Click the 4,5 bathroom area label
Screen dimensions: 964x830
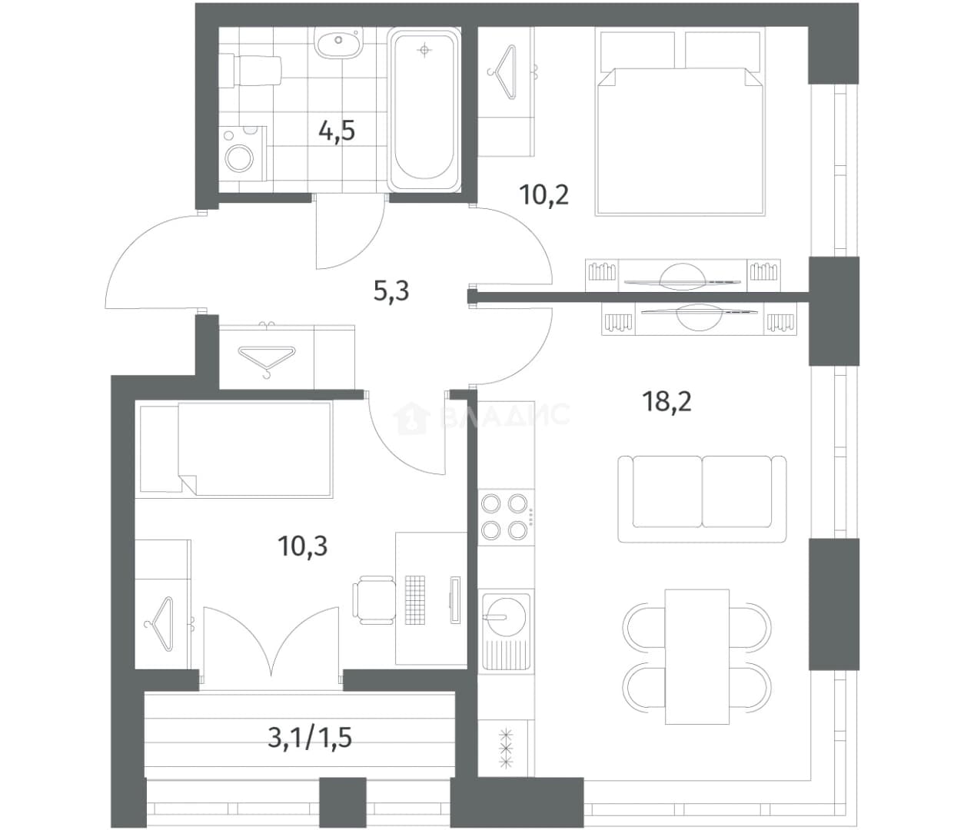point(337,131)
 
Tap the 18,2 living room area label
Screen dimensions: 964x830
point(667,401)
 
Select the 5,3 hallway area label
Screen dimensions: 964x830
point(391,291)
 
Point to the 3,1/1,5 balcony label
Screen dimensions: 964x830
point(310,739)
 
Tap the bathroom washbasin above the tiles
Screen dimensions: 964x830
point(338,42)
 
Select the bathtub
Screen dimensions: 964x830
point(424,110)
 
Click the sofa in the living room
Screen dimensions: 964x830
point(702,499)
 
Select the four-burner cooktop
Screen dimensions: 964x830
point(506,517)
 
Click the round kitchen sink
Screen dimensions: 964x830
point(506,617)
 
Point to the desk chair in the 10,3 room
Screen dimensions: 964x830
point(374,600)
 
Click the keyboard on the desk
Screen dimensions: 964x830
point(414,600)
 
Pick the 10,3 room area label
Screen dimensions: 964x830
point(303,546)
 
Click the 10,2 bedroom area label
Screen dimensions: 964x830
point(543,194)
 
